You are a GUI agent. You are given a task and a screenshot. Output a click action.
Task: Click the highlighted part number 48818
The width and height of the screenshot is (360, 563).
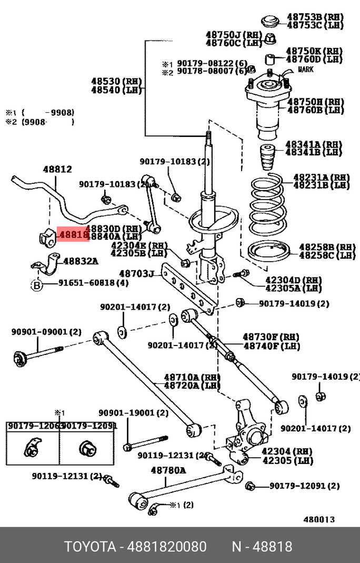(73, 234)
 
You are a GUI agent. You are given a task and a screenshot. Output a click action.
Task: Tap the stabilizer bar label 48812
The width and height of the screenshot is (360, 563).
(57, 170)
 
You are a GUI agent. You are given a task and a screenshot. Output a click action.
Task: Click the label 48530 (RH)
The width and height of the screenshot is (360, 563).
(116, 82)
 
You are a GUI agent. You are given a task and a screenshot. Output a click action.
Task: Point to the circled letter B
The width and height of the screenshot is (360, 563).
(36, 285)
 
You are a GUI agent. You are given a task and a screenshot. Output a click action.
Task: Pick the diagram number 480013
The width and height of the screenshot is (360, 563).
(319, 519)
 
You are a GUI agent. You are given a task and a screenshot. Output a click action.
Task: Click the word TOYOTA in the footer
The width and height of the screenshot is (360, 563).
(90, 546)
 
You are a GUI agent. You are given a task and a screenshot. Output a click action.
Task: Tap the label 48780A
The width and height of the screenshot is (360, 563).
(168, 470)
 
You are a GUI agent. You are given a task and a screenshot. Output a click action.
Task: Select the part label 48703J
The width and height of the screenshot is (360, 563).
(136, 274)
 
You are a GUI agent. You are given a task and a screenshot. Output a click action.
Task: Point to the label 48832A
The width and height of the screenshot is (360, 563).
(81, 261)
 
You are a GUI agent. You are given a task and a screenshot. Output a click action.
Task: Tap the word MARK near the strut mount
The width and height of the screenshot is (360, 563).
(306, 69)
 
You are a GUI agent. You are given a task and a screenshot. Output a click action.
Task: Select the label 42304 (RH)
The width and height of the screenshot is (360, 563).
(287, 451)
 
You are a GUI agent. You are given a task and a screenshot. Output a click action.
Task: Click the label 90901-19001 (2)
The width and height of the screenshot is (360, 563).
(134, 413)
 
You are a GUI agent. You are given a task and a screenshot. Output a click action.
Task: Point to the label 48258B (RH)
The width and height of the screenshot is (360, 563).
(327, 247)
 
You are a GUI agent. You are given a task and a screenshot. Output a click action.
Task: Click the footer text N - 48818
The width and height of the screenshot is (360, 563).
(262, 546)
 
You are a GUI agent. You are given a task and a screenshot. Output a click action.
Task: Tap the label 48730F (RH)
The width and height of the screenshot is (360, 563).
(271, 337)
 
